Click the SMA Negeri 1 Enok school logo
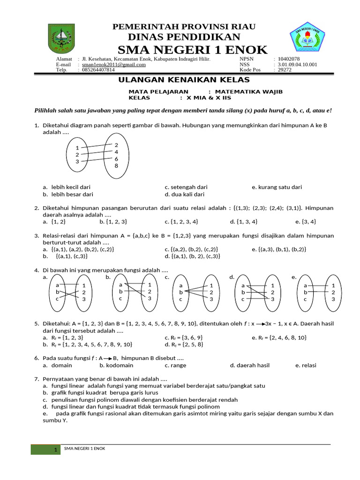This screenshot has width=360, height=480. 310,39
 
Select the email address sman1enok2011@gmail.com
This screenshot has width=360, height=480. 113,65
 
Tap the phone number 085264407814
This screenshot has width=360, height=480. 98,70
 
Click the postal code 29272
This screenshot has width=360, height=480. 285,70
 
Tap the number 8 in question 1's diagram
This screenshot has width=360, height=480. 116,166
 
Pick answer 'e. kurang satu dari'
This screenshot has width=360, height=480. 277,187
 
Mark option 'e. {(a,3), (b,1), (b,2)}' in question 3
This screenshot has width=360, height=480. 279,249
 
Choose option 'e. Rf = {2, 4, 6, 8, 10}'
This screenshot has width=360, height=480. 279,337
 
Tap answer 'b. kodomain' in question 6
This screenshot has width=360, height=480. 116,365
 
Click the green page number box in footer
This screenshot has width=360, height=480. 45,450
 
